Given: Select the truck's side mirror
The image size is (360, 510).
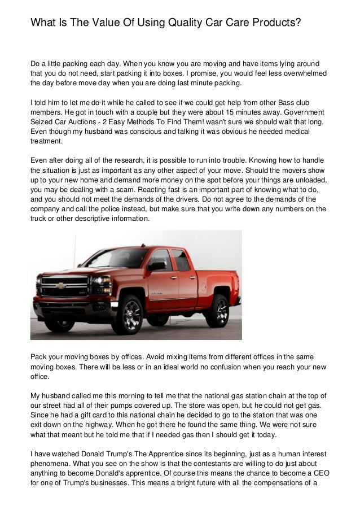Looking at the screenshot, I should point(156,265).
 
